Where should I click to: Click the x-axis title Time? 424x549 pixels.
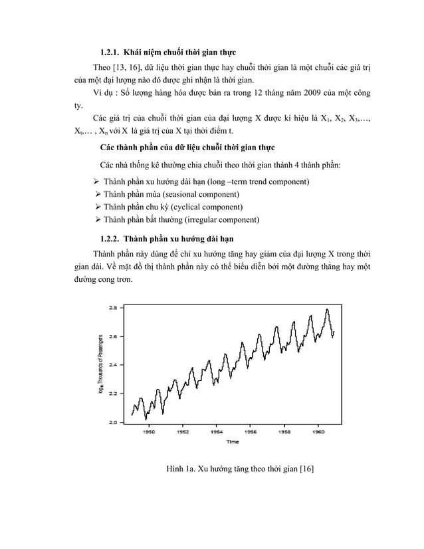(233, 441)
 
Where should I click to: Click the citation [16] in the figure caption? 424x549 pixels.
(306, 470)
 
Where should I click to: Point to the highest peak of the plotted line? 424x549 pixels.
(327, 309)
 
